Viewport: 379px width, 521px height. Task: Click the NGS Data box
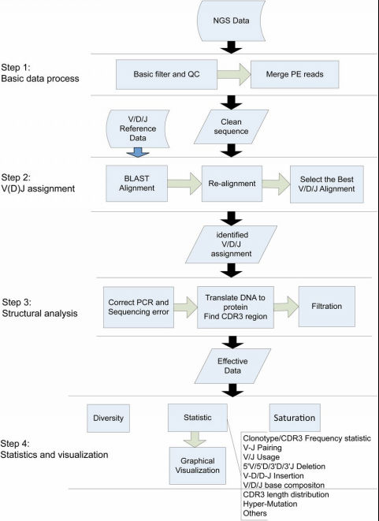[x=231, y=20]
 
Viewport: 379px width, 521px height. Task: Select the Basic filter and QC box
[x=166, y=74]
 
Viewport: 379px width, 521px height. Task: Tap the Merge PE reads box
[x=295, y=74]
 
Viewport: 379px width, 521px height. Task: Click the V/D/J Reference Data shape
[x=138, y=128]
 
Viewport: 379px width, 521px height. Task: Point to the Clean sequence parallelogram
[x=231, y=127]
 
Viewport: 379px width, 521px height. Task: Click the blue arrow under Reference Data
[x=138, y=152]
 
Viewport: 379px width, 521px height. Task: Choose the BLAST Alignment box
[x=136, y=184]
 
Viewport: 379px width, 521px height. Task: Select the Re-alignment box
[x=232, y=184]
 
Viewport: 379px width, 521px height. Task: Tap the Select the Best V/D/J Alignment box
[x=327, y=184]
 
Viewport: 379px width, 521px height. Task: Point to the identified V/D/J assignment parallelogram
[x=231, y=244]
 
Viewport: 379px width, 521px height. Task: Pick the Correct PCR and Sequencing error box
[x=139, y=307]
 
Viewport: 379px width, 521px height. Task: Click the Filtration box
[x=327, y=307]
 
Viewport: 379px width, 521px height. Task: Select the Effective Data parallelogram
[x=232, y=366]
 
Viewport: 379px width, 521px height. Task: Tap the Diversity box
[x=108, y=418]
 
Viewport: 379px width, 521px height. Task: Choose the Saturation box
[x=295, y=418]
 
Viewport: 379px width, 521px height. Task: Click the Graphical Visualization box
[x=198, y=466]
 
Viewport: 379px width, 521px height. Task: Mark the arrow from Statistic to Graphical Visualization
[x=195, y=439]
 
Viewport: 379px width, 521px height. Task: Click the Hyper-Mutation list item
[x=270, y=504]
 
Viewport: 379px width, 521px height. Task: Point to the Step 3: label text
[x=17, y=303]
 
